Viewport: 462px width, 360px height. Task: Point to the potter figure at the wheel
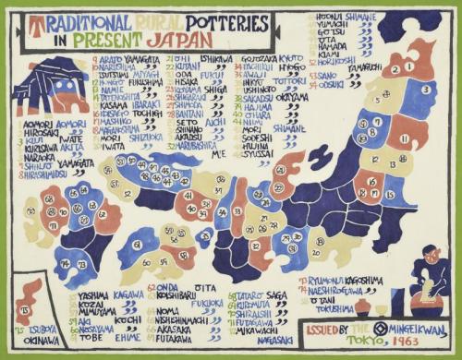(x=432, y=277)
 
